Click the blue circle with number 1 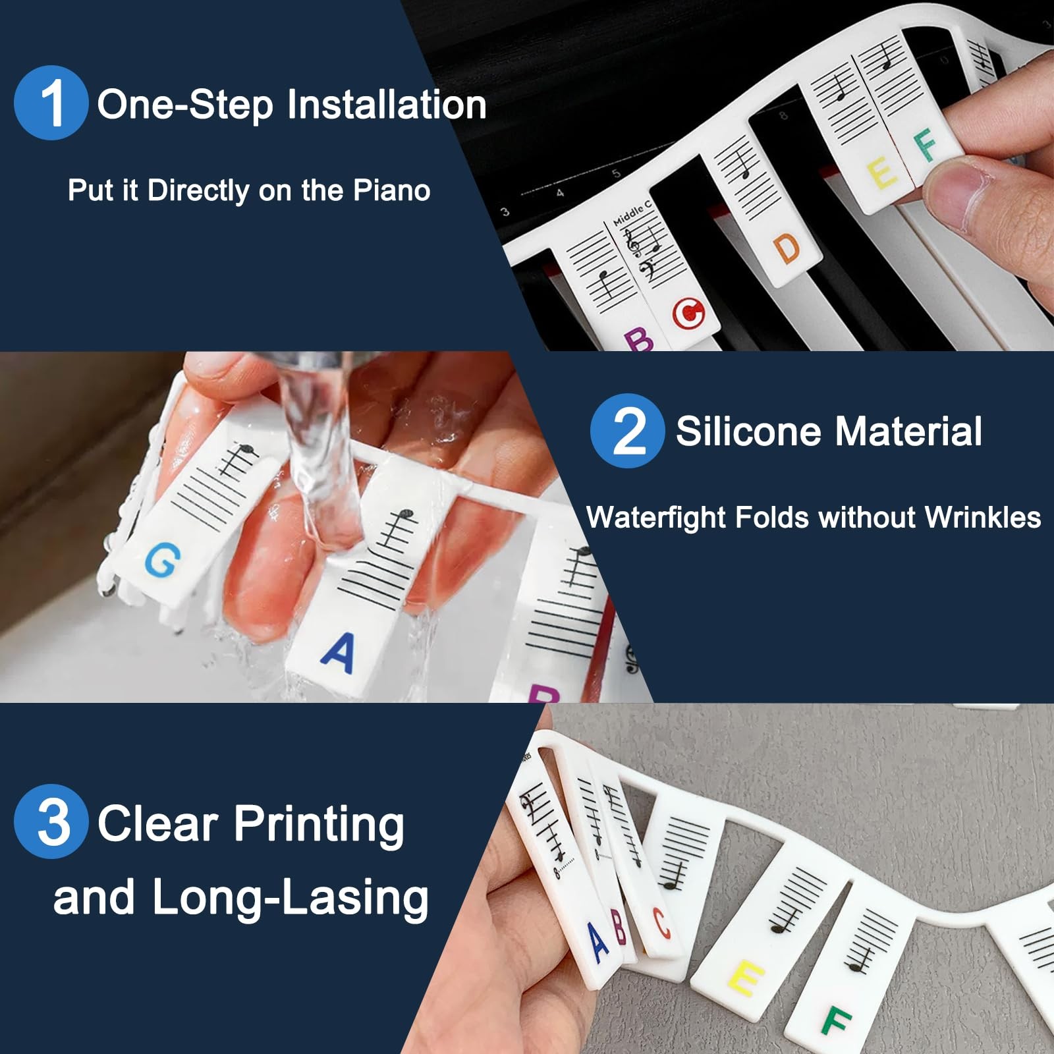pos(51,103)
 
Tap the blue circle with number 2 pos(627,431)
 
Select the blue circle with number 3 pos(51,821)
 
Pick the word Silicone pos(748,431)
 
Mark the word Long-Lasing pos(290,897)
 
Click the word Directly pos(198,192)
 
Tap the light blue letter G pos(162,561)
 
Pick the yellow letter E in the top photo pos(882,174)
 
